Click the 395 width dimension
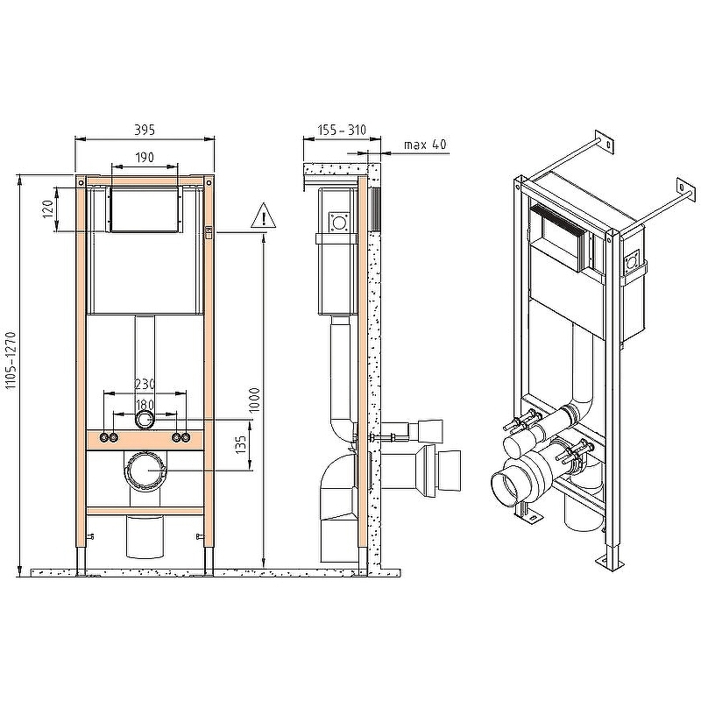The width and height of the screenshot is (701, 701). point(145,129)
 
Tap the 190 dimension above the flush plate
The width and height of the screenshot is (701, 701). point(145,157)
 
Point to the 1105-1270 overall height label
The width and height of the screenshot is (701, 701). point(11,373)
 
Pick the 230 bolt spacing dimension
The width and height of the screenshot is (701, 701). point(145,384)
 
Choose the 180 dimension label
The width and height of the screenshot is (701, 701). point(145,404)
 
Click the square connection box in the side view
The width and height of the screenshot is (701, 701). point(337,222)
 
